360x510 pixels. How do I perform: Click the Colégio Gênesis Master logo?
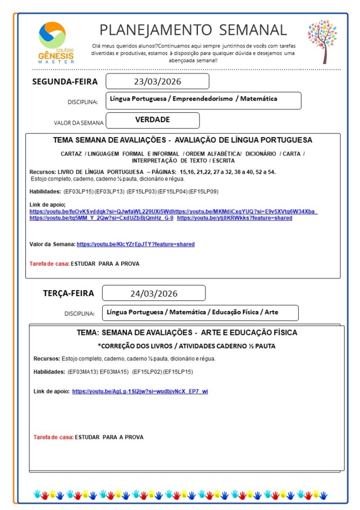[56, 42]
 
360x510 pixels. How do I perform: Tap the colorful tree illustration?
[322, 41]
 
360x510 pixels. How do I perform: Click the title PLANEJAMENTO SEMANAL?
[193, 30]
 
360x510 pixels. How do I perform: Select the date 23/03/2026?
[157, 81]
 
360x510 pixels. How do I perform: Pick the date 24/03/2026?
[154, 293]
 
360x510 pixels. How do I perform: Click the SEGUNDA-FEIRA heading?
[65, 82]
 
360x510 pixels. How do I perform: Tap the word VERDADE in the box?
[153, 120]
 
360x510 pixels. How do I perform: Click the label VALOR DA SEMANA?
[79, 123]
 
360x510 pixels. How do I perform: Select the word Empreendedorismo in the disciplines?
[202, 99]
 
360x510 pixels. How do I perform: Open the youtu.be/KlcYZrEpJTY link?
[136, 244]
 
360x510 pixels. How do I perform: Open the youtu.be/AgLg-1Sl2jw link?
[140, 391]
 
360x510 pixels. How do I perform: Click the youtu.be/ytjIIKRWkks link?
[234, 218]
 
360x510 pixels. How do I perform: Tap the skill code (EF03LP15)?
[78, 191]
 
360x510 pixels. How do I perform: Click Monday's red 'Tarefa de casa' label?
[49, 263]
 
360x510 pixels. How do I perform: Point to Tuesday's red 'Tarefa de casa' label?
[53, 437]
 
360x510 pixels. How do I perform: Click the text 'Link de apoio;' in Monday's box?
[47, 204]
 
